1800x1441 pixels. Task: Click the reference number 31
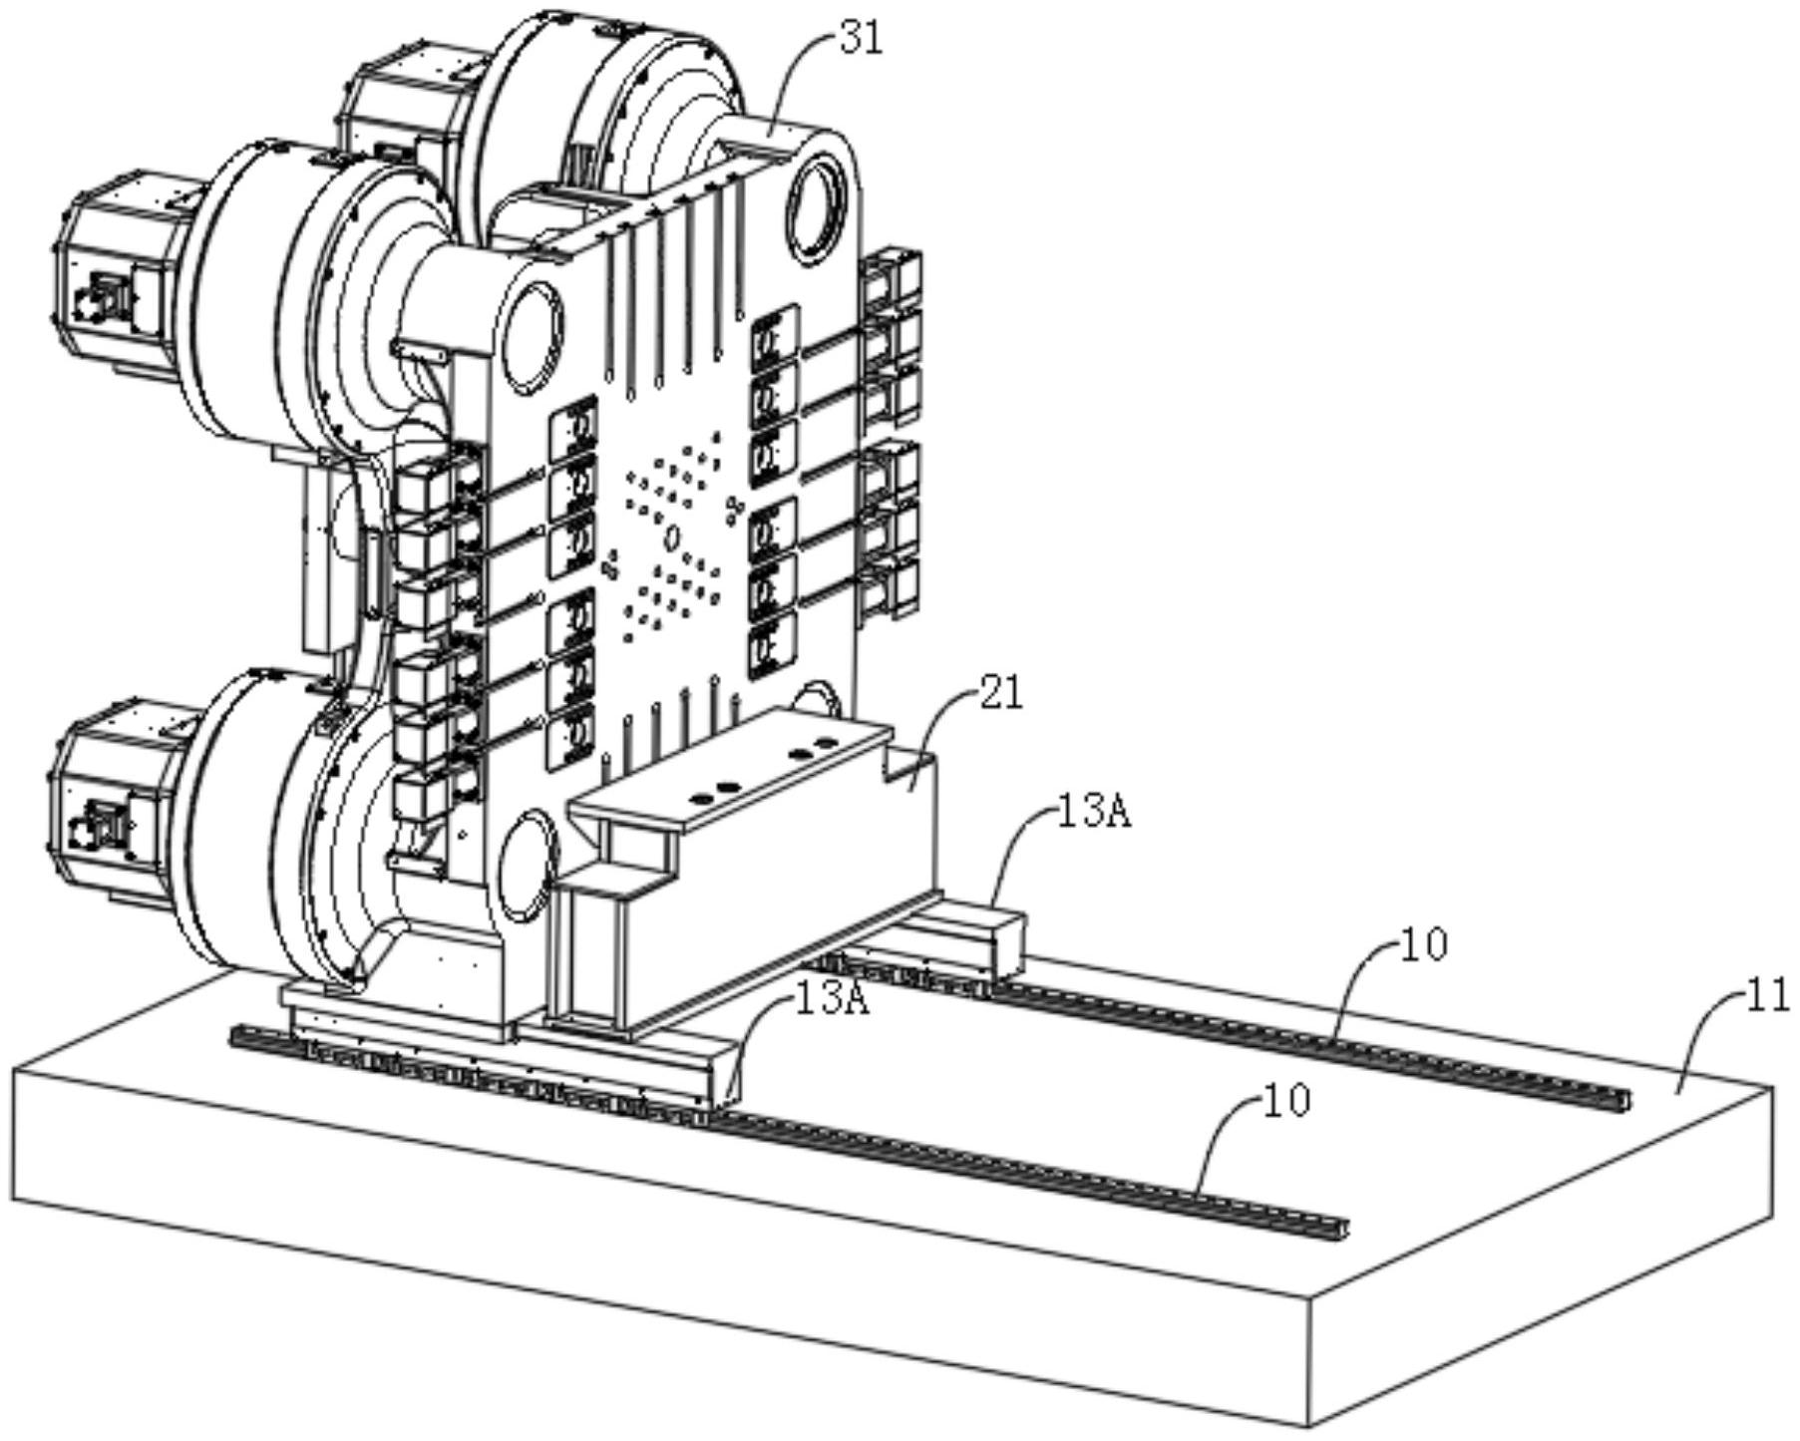tap(861, 39)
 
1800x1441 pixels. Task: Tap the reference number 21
tap(1000, 692)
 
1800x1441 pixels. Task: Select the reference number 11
tap(1768, 996)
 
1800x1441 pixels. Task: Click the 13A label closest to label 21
tap(1094, 813)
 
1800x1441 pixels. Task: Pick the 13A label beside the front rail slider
tap(832, 999)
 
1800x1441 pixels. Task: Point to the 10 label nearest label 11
tap(1424, 943)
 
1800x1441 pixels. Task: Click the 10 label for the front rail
tap(1286, 1101)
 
